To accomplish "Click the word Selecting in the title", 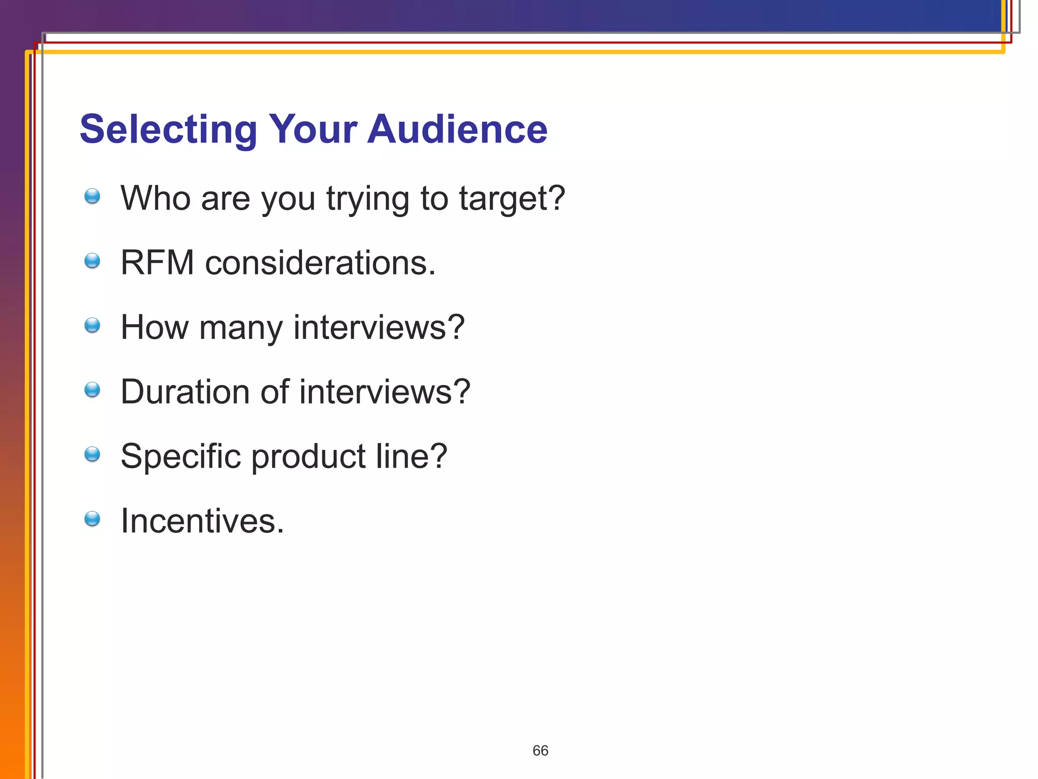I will coord(168,130).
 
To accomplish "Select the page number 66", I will coord(540,751).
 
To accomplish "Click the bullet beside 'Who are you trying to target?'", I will coord(92,196).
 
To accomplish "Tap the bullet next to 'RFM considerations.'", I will coord(92,261).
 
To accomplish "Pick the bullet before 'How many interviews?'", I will coord(92,326).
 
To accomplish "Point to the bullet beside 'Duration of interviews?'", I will coord(92,390).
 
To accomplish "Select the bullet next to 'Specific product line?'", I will coord(92,454).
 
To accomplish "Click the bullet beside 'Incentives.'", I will coord(92,519).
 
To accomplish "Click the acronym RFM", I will coord(157,263).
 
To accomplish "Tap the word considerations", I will coord(320,263).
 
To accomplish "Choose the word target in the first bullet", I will coord(511,199).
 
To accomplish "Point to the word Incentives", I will coord(202,521).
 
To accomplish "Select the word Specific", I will coord(180,456).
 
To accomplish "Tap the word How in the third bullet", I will coord(155,327).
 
